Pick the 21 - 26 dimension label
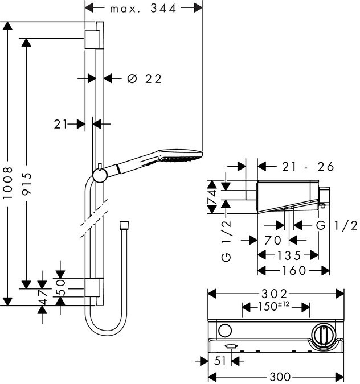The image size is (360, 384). point(308,167)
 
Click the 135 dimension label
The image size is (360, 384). point(288,255)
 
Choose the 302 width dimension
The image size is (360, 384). point(276,294)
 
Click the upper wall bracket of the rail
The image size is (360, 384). point(93,40)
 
